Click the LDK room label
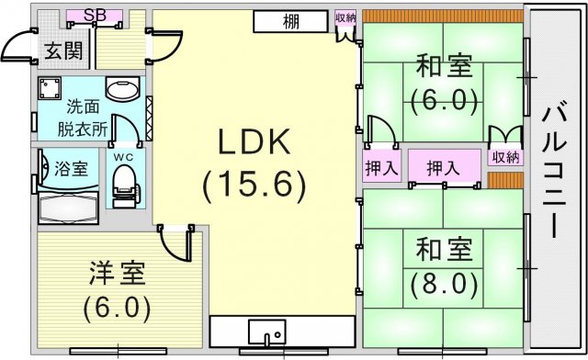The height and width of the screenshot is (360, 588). click(254, 142)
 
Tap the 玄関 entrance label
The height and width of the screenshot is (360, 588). click(63, 51)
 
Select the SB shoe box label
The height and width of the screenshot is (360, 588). click(95, 16)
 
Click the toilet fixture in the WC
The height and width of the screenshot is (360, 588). click(125, 186)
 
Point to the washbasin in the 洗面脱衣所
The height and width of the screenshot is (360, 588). click(122, 88)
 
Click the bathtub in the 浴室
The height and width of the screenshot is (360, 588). click(68, 208)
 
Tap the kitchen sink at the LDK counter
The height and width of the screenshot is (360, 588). click(267, 332)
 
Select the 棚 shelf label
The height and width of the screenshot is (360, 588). click(291, 22)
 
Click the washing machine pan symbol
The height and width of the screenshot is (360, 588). click(49, 88)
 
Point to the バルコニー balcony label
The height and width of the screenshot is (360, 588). click(554, 174)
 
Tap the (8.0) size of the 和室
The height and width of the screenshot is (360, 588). click(444, 284)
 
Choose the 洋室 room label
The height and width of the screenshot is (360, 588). click(117, 273)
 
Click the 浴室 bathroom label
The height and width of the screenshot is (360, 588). click(72, 169)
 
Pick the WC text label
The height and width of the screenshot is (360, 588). click(124, 158)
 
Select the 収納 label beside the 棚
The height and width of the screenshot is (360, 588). click(345, 18)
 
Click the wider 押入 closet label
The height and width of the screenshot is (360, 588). click(443, 168)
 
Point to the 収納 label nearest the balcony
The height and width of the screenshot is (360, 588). click(505, 158)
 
